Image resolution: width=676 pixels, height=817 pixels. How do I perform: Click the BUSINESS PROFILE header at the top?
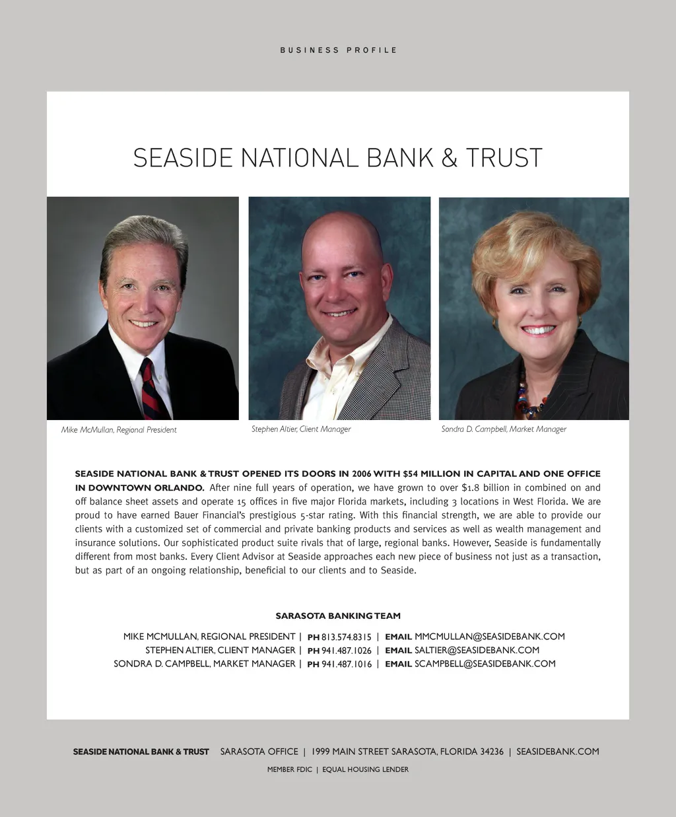coord(338,50)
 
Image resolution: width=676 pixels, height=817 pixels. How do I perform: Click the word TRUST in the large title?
coord(504,159)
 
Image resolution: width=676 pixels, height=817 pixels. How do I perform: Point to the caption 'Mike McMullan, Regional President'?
coord(119,430)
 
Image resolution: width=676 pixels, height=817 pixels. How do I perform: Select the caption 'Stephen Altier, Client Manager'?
coord(301,429)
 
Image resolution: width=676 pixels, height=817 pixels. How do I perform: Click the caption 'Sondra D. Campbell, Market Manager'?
coord(504,429)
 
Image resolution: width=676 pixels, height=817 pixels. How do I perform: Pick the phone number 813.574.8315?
coord(346,637)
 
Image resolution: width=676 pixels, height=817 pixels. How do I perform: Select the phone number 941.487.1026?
coord(346,651)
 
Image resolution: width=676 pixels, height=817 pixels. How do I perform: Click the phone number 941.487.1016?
coord(346,664)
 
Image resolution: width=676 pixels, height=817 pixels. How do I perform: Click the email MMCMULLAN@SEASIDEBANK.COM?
coord(489,637)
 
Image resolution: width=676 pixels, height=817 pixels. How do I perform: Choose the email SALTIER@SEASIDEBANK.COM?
coord(477,651)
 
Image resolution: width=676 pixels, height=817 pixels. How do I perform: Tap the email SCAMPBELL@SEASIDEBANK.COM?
coord(485,664)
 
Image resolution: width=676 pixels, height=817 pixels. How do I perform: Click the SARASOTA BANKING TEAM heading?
coord(338,616)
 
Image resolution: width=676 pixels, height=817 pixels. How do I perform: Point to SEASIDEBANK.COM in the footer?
coord(557,752)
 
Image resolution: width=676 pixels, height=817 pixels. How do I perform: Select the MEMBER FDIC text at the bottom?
coord(289,769)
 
